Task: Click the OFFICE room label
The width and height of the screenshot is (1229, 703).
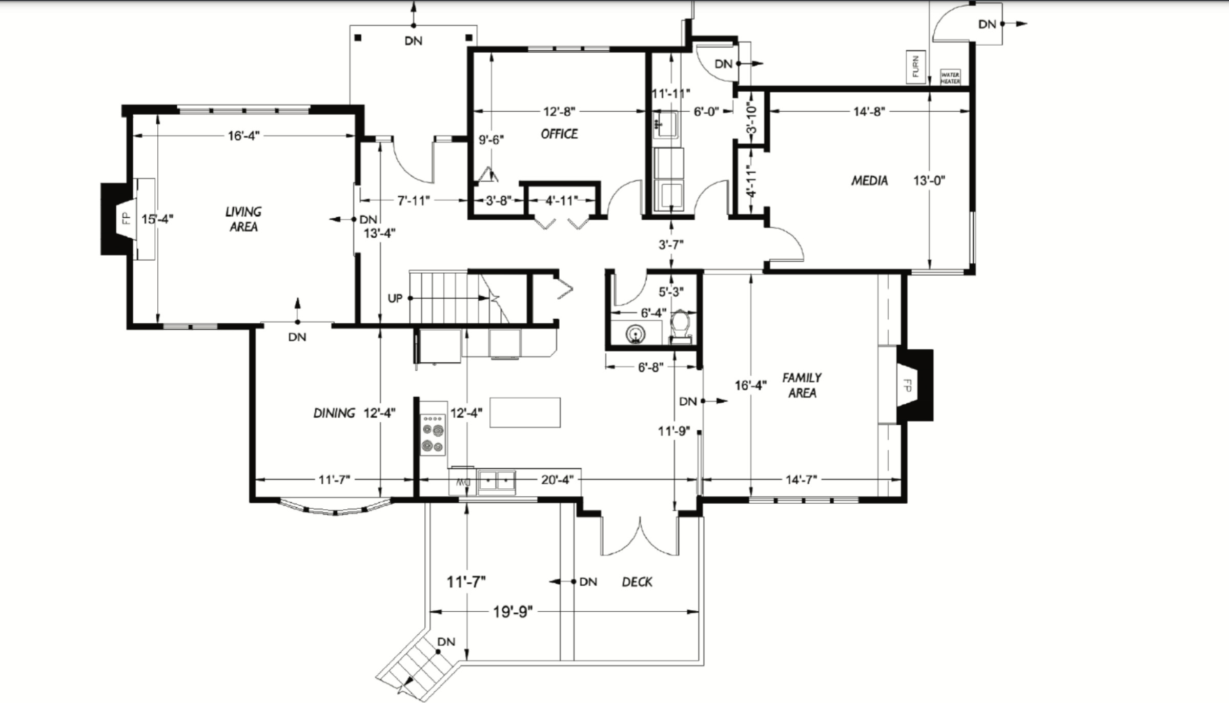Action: click(x=559, y=134)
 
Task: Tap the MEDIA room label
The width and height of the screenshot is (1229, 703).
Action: click(x=869, y=180)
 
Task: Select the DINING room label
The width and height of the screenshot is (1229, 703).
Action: click(x=334, y=413)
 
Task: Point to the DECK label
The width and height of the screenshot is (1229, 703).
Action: click(x=637, y=582)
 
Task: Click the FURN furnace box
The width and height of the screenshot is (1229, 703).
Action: click(x=916, y=67)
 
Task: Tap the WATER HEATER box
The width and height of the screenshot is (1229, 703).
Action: click(x=950, y=78)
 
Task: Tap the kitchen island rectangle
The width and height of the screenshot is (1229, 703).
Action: click(x=525, y=412)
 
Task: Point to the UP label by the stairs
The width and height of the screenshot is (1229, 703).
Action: click(x=395, y=298)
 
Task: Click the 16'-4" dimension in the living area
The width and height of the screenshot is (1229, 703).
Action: click(x=244, y=136)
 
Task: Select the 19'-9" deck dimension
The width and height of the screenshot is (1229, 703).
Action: click(x=513, y=612)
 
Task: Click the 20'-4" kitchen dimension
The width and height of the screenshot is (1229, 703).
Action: click(x=557, y=480)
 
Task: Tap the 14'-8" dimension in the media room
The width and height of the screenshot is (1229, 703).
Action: click(x=869, y=111)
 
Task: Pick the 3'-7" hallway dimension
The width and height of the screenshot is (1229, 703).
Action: click(x=671, y=245)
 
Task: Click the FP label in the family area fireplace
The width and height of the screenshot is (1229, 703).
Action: click(x=907, y=385)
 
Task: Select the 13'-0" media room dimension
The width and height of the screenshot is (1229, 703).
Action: click(x=929, y=180)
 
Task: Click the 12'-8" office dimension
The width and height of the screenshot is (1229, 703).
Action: click(x=559, y=111)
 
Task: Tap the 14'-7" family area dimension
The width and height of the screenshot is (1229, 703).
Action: click(x=801, y=480)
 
